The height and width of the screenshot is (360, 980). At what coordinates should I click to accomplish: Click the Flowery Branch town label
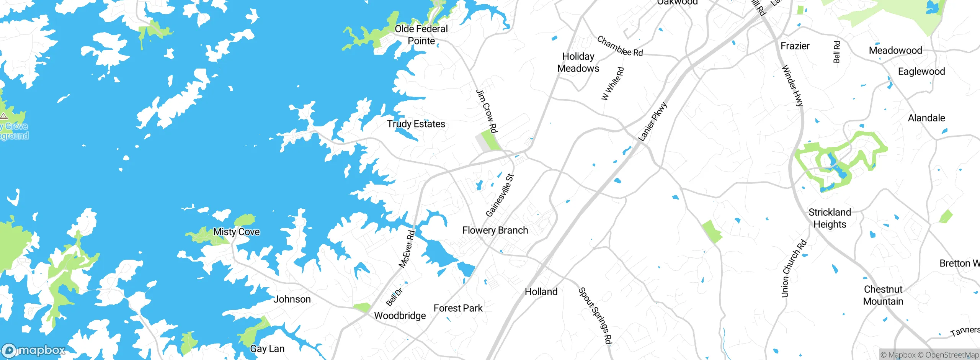(495, 230)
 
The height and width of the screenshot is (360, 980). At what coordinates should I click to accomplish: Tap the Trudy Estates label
(416, 124)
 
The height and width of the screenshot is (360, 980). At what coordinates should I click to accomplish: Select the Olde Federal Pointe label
(421, 35)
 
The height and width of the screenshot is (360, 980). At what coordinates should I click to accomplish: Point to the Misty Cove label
(236, 232)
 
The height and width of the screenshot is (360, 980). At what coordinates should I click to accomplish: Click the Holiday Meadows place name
(578, 62)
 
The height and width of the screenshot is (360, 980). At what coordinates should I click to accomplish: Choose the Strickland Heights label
(830, 218)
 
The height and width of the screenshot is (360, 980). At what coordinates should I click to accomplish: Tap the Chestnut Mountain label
(883, 295)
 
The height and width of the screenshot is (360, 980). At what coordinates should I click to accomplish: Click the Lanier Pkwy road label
(653, 121)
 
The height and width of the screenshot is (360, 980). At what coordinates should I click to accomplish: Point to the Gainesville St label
(500, 195)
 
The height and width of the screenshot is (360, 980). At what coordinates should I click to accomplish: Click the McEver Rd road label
(407, 249)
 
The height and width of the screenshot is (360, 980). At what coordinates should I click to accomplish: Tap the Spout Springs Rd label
(595, 316)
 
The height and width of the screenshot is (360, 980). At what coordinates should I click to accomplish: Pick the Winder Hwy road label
(792, 85)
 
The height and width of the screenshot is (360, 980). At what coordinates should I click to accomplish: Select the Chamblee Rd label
(620, 46)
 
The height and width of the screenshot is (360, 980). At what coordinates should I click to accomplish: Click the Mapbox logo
(34, 350)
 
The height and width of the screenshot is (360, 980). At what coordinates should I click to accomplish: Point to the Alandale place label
(926, 118)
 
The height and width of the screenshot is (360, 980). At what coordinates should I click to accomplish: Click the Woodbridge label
(400, 316)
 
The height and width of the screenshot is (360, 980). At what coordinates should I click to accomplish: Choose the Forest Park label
(458, 308)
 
